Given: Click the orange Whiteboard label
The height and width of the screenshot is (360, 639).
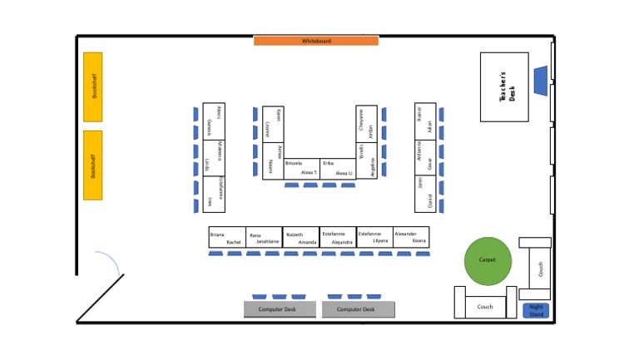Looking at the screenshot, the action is click(316, 41).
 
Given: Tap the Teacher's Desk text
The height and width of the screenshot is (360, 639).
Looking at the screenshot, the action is click(508, 86).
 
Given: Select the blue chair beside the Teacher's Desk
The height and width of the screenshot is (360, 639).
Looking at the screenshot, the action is click(540, 80).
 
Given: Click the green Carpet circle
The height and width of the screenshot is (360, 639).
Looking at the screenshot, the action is click(488, 259).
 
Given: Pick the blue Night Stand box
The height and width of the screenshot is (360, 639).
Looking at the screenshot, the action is click(536, 311).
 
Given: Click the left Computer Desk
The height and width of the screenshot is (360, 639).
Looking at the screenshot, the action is click(280, 309).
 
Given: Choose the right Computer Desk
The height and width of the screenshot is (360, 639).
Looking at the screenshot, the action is click(358, 309).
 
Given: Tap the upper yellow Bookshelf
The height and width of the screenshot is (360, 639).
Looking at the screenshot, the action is click(92, 86).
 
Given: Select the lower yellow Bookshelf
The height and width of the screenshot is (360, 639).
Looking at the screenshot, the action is click(92, 165).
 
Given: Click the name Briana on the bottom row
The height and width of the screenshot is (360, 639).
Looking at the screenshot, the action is click(217, 234).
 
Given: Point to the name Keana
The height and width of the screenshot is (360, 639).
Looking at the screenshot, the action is click(419, 241).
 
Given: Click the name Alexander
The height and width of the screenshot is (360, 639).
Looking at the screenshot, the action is click(405, 234).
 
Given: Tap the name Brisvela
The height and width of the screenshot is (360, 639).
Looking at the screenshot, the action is click(294, 164).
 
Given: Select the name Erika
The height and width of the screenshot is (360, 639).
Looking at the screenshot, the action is click(328, 164).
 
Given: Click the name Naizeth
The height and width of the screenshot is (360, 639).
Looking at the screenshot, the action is click(295, 234).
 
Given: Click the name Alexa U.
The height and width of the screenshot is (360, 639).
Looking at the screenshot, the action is click(344, 173).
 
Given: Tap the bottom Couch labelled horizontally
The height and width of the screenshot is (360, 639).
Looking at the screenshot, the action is click(485, 307).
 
